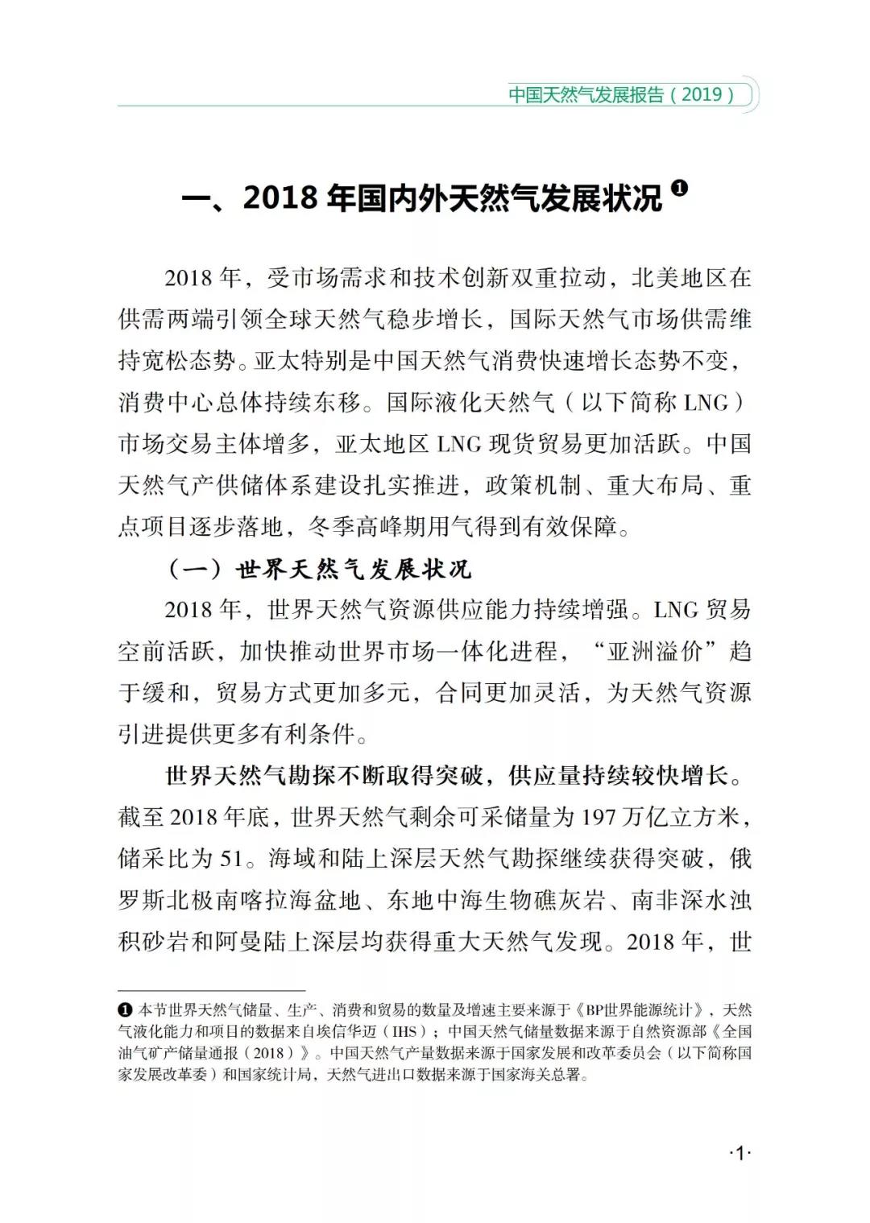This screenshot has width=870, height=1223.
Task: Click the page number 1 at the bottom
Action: coord(739,1154)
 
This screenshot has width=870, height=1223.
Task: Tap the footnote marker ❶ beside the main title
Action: coord(680,189)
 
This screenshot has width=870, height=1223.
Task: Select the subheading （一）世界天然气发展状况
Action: coord(320,570)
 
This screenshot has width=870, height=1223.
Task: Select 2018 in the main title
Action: coord(280,198)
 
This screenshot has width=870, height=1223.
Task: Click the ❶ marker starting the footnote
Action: coord(125,1010)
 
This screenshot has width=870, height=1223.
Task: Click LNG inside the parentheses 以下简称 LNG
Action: coord(705,403)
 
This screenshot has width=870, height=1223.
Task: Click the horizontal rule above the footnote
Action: coord(211,990)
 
